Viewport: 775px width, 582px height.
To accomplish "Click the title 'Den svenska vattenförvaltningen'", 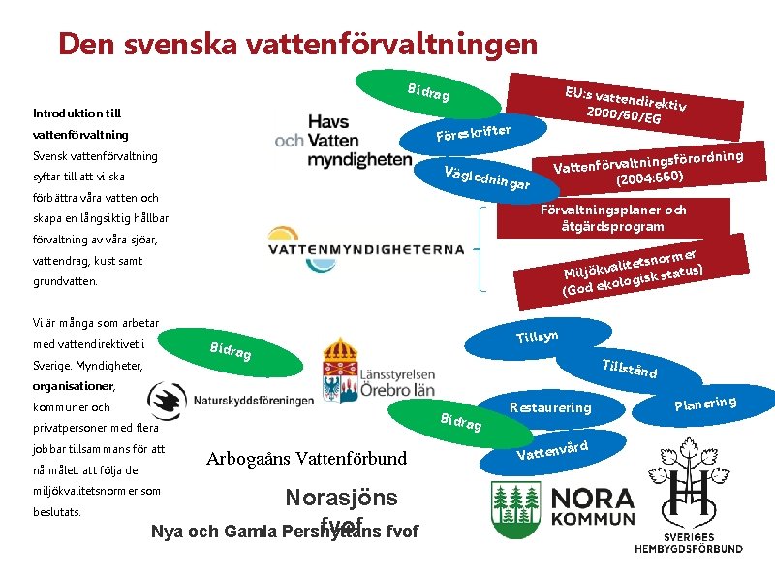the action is (x=296, y=44).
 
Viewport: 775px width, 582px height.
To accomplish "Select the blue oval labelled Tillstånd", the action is (x=630, y=369).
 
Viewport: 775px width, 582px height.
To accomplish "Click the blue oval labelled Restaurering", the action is (x=549, y=407).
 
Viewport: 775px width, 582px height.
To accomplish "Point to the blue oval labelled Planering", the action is (x=705, y=403).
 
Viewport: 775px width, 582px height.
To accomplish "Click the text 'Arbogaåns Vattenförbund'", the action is (x=307, y=458).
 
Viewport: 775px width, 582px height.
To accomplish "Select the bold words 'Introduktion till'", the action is (x=77, y=113).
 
